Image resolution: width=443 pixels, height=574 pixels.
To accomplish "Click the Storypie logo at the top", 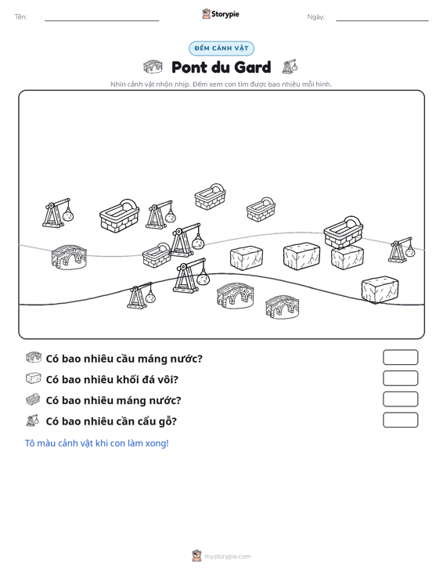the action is tap(221, 14).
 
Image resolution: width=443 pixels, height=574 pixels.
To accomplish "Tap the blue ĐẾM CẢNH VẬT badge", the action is tap(221, 49).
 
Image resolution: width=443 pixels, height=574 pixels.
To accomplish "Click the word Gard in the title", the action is tap(252, 67).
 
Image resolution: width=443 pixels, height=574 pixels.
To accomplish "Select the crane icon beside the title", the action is tap(290, 67).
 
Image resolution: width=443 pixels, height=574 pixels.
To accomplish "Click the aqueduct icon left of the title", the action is tap(153, 67).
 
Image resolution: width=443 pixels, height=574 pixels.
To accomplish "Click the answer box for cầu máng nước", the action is tap(400, 357).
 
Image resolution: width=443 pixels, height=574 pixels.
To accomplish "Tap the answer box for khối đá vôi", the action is tap(400, 378).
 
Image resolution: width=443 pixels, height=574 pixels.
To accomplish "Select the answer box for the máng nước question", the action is tap(400, 399).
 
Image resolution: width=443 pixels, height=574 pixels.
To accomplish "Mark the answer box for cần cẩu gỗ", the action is tap(400, 420).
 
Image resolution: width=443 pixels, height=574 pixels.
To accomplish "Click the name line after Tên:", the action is tap(102, 20).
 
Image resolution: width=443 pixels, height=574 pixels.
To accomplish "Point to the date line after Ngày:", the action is tap(382, 20).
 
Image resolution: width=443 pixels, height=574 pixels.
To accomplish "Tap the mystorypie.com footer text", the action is tap(228, 557).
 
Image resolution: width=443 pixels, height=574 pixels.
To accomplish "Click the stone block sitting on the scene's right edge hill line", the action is tap(380, 290).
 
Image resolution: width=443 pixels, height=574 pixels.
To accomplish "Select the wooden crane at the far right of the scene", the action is tap(402, 250).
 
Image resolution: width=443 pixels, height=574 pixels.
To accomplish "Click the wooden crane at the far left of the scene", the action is tap(58, 214).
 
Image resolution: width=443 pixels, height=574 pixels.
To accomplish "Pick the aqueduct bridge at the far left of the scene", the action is tap(69, 258).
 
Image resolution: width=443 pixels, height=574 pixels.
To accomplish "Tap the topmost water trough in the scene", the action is tap(210, 197).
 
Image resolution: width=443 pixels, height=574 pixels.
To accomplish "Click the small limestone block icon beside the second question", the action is tap(34, 378).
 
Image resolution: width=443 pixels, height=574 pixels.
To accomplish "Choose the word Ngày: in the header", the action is tap(315, 17).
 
